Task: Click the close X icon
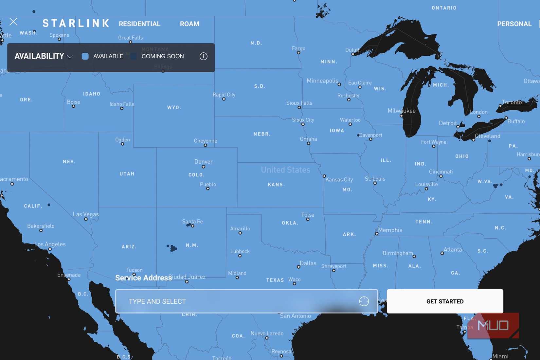click(13, 22)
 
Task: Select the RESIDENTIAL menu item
click(139, 24)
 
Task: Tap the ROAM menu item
click(189, 24)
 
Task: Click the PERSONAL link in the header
click(514, 24)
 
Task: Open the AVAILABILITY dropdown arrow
click(70, 57)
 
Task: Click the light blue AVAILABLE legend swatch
click(85, 56)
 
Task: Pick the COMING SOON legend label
click(163, 56)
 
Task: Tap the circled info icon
click(203, 56)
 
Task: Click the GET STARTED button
click(445, 301)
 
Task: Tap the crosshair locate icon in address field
click(364, 301)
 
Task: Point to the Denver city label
click(204, 162)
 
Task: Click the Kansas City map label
click(339, 179)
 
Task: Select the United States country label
click(285, 170)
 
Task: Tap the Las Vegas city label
click(86, 214)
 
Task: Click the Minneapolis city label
click(322, 81)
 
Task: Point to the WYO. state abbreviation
click(174, 108)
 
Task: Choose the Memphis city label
click(390, 230)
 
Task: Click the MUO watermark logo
click(493, 326)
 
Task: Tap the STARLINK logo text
click(76, 24)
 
